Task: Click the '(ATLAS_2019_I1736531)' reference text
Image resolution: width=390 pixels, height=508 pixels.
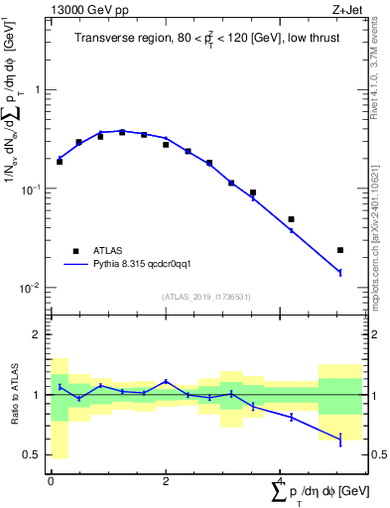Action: tap(205, 297)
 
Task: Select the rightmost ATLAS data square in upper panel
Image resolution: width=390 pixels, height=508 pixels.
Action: tap(340, 250)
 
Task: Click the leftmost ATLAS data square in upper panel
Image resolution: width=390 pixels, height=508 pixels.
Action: tap(60, 161)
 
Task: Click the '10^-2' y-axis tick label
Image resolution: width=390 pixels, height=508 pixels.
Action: tap(32, 288)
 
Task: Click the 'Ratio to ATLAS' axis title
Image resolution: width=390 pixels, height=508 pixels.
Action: tap(13, 394)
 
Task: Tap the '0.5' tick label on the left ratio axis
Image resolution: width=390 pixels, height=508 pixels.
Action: tap(32, 454)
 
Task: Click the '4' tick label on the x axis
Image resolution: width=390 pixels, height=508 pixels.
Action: tap(280, 480)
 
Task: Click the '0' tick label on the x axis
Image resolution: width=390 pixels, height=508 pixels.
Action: tap(52, 480)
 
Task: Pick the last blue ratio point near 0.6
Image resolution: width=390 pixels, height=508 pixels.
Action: tap(340, 439)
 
